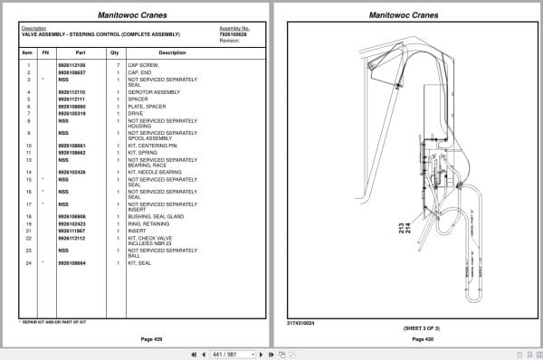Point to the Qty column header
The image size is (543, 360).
click(115, 52)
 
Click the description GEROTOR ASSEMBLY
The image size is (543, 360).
click(150, 91)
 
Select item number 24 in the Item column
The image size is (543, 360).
click(29, 262)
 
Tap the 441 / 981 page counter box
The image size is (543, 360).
click(224, 353)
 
